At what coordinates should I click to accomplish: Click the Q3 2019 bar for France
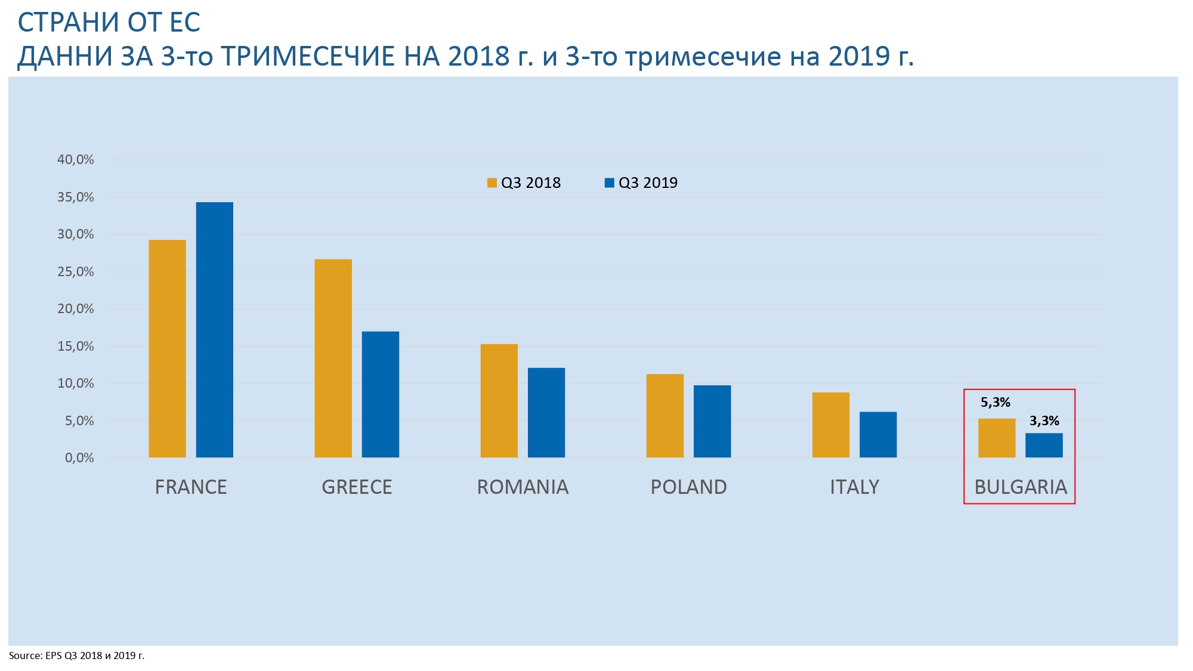[214, 330]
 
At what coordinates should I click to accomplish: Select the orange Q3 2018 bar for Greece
[333, 358]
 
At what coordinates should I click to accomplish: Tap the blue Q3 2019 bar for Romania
[546, 413]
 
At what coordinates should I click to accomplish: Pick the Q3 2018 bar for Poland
[665, 416]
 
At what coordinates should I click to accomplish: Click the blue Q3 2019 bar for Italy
[877, 435]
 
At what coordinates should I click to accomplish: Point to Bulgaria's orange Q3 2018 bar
[996, 438]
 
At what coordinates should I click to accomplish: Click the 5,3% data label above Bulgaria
[995, 403]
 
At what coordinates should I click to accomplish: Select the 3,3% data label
[1044, 421]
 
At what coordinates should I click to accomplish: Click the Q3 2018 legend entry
[524, 183]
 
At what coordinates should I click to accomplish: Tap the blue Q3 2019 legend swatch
[609, 183]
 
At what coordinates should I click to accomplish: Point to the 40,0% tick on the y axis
[76, 160]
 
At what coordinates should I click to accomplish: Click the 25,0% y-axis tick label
[76, 272]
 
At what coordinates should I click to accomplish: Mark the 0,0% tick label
[79, 458]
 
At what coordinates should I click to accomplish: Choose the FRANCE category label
[191, 487]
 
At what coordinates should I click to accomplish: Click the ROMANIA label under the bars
[523, 487]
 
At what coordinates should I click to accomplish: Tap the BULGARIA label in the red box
[1020, 487]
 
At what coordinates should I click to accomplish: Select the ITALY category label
[854, 487]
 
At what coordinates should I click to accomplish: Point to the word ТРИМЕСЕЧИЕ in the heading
[308, 57]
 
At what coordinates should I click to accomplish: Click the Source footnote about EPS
[76, 656]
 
